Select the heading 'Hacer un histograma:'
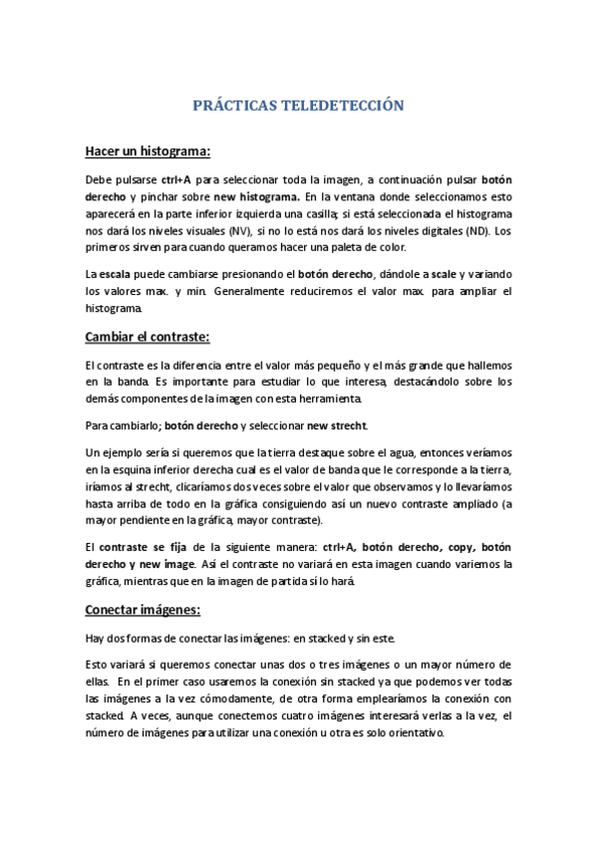tap(147, 151)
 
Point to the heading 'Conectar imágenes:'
tap(143, 609)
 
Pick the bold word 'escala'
tap(116, 274)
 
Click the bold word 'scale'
tap(444, 274)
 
